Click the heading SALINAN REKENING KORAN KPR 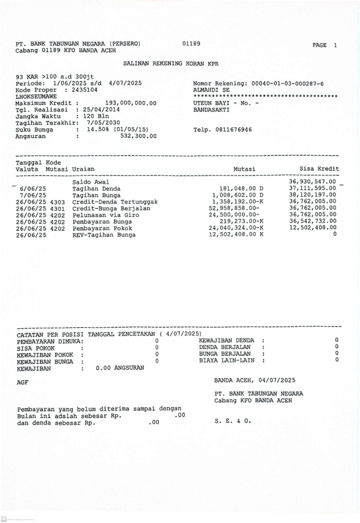tap(171, 64)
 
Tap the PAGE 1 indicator tap(325, 45)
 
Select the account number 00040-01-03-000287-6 tap(287, 83)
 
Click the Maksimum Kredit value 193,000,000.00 tap(131, 103)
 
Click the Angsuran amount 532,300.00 tap(138, 136)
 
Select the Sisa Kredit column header tap(319, 169)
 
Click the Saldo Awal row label tap(91, 182)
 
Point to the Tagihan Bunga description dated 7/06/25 tap(96, 195)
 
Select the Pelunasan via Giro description tap(106, 215)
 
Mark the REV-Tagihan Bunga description tap(104, 235)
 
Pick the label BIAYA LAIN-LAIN tap(226, 360)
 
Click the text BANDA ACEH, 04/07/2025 tap(255, 380)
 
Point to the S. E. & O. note tap(233, 420)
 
